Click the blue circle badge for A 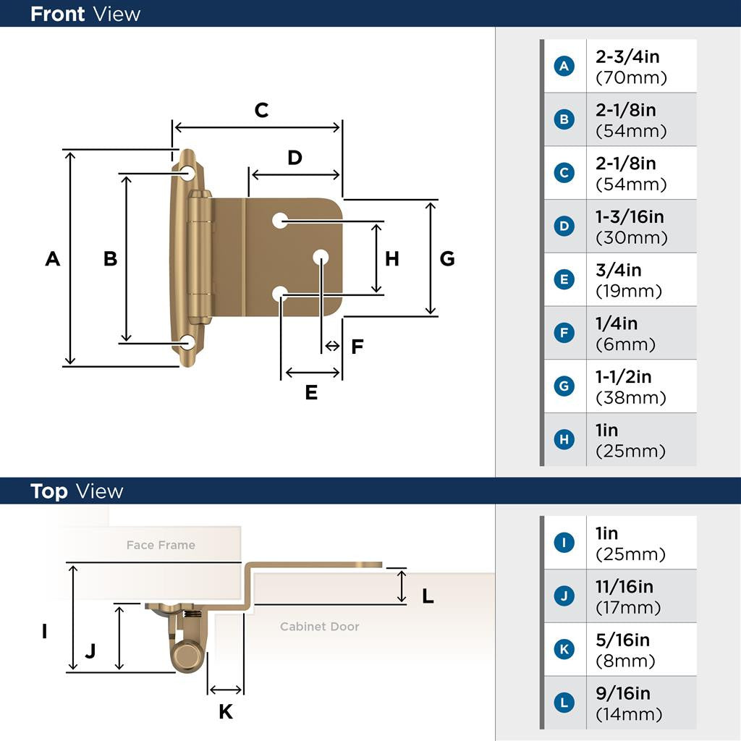click(x=564, y=67)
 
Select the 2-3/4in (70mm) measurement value click(x=630, y=67)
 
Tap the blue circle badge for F click(x=564, y=334)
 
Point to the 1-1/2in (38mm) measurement click(x=630, y=387)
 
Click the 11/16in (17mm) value click(x=627, y=597)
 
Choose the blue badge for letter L click(x=564, y=703)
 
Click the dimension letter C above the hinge click(x=261, y=111)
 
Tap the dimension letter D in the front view click(x=295, y=158)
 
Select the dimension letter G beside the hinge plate click(x=447, y=258)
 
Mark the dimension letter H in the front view click(x=391, y=258)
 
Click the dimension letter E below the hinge click(x=311, y=392)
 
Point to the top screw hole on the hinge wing click(x=188, y=173)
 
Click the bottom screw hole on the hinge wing click(x=188, y=342)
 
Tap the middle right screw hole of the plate click(x=321, y=257)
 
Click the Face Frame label click(x=161, y=545)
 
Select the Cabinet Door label click(x=319, y=627)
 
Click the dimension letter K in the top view click(x=226, y=712)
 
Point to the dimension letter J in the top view click(x=90, y=651)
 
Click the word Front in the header click(x=57, y=14)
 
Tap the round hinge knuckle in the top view click(x=187, y=657)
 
